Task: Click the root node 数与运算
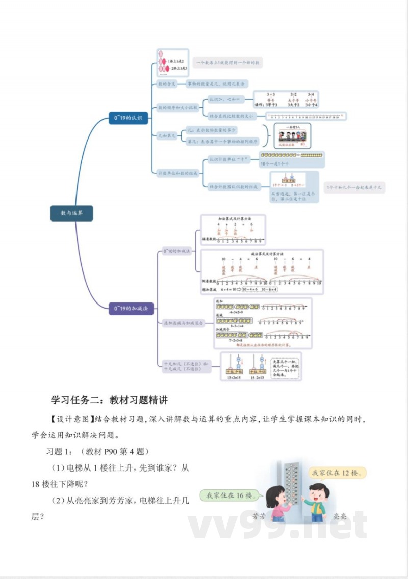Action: click(71, 213)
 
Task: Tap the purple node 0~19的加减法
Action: click(131, 309)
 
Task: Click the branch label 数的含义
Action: click(167, 84)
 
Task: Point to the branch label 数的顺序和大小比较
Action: click(177, 108)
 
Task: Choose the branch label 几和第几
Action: click(167, 136)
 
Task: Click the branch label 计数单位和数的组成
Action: click(177, 173)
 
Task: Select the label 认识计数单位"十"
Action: click(228, 160)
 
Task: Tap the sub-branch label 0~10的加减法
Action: click(176, 251)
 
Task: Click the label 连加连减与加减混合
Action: click(183, 323)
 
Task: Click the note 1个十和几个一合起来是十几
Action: click(355, 187)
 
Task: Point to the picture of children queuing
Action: click(292, 136)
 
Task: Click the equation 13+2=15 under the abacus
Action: click(235, 378)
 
